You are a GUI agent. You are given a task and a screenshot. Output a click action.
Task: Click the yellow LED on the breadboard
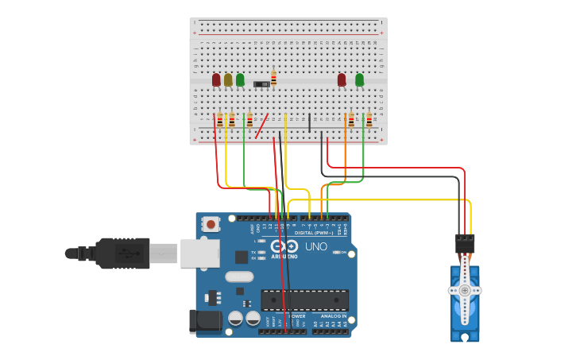(x=228, y=79)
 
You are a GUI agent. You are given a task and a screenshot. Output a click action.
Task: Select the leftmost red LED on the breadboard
(x=216, y=79)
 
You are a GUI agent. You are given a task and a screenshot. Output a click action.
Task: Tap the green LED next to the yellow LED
(x=240, y=79)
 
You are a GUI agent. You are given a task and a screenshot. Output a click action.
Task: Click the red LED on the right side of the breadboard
(x=342, y=79)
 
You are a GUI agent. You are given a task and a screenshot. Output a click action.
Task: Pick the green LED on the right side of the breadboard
(x=360, y=79)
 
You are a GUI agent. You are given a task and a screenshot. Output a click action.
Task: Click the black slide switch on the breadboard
(x=261, y=83)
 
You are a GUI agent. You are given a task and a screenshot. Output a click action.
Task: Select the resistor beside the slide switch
(x=274, y=78)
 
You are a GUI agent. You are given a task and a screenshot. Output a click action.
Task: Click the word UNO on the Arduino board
(x=316, y=246)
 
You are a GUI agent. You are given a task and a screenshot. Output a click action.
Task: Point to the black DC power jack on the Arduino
(x=203, y=321)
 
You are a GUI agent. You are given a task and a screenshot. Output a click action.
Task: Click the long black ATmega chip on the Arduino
(x=305, y=300)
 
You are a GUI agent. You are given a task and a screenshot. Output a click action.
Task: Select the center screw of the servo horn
(x=465, y=291)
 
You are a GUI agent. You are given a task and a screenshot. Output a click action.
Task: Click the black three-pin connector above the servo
(x=465, y=242)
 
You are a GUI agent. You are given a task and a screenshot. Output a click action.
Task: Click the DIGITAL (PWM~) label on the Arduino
(x=314, y=232)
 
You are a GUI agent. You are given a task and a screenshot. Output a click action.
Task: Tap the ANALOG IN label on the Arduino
(x=334, y=316)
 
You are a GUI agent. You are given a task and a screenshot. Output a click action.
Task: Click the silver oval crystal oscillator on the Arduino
(x=239, y=277)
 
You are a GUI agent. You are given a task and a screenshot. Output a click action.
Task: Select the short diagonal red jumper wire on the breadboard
(x=261, y=126)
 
